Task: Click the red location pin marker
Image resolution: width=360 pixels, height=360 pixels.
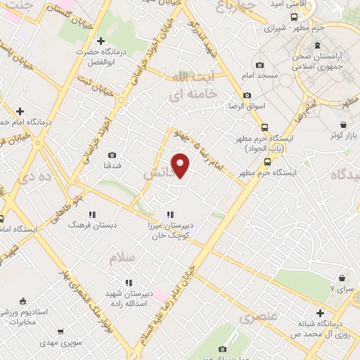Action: tap(181, 165)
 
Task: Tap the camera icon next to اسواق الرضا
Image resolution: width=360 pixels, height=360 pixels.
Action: tap(247, 96)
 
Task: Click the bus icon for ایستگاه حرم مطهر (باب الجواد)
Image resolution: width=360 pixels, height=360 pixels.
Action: tap(264, 127)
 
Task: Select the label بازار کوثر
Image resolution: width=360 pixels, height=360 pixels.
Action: tap(347, 134)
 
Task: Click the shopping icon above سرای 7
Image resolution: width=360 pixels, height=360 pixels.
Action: tap(342, 278)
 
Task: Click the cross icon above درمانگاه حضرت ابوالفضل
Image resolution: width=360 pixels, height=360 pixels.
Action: tap(101, 42)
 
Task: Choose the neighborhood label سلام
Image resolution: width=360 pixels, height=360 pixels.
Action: tap(120, 258)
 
